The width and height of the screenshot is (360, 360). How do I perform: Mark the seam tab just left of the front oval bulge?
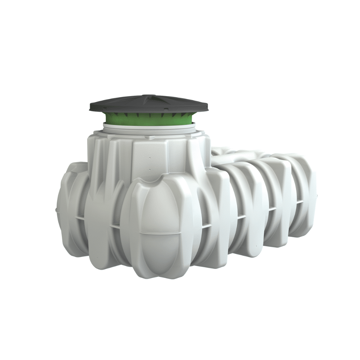(x=115, y=226)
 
